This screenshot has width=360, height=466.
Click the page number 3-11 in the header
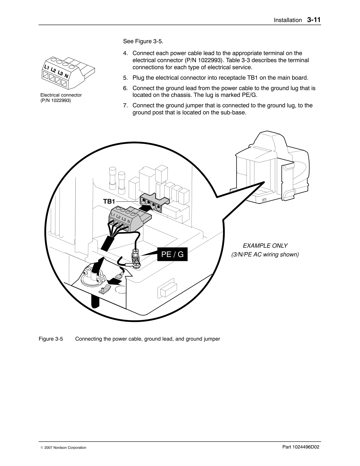point(313,20)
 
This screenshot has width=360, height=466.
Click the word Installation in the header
point(288,20)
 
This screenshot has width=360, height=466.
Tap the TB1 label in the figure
point(109,201)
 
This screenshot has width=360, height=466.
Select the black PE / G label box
point(172,254)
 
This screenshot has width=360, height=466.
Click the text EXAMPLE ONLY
point(265,246)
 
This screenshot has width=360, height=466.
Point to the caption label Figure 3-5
point(51,339)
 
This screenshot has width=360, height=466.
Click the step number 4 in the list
point(125,53)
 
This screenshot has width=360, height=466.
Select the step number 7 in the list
point(125,106)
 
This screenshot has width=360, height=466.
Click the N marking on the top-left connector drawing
point(66,76)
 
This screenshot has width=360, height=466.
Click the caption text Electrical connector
point(61,95)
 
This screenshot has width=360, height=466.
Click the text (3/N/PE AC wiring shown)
point(265,255)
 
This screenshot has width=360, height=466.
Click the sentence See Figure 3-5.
point(143,42)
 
